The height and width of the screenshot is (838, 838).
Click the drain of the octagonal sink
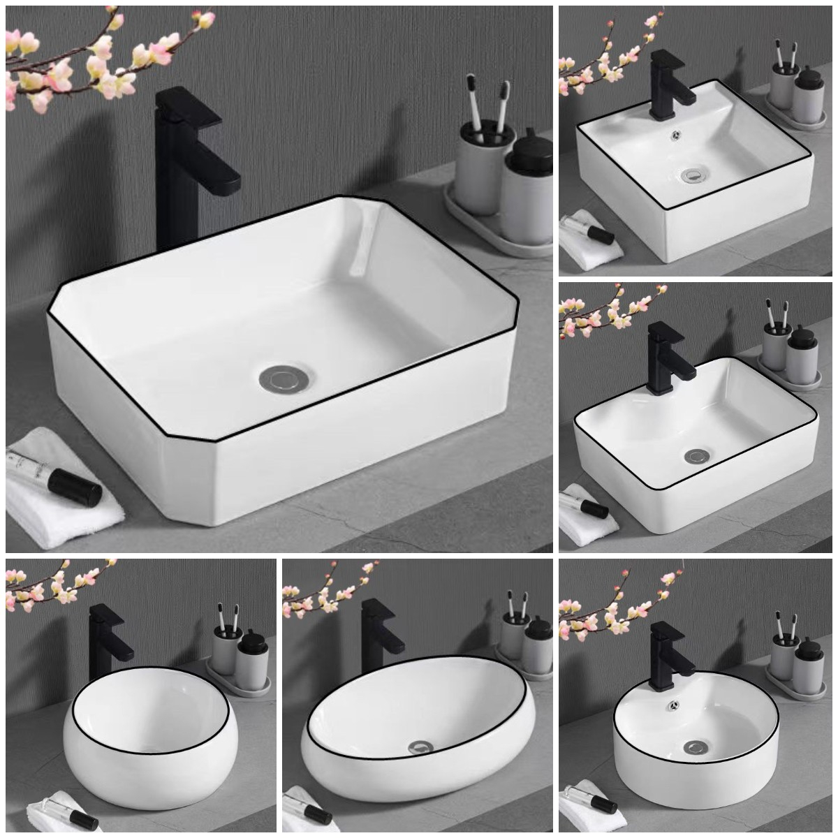point(281,379)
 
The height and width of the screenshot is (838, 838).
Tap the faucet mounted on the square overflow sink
point(662,84)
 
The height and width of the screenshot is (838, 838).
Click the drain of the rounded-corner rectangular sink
point(694,456)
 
